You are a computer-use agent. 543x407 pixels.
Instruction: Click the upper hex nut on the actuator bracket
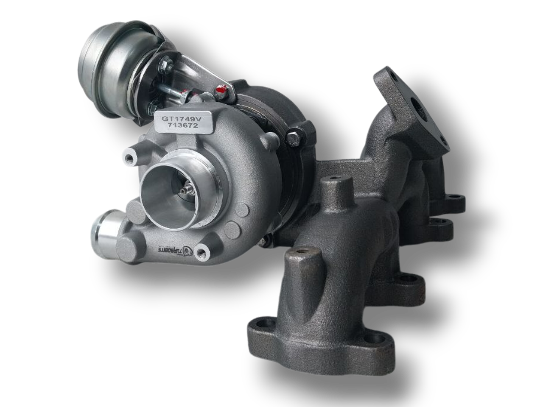click(x=164, y=64)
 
